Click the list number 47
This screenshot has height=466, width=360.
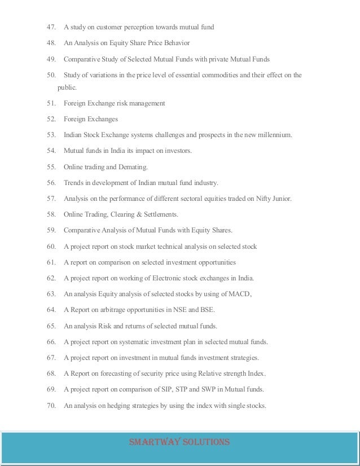[x=52, y=27]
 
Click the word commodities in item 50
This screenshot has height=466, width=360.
[x=215, y=75]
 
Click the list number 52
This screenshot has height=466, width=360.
[x=52, y=120]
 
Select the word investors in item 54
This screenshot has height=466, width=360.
[x=177, y=151]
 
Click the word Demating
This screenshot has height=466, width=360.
[x=132, y=167]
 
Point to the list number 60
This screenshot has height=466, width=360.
[x=52, y=247]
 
